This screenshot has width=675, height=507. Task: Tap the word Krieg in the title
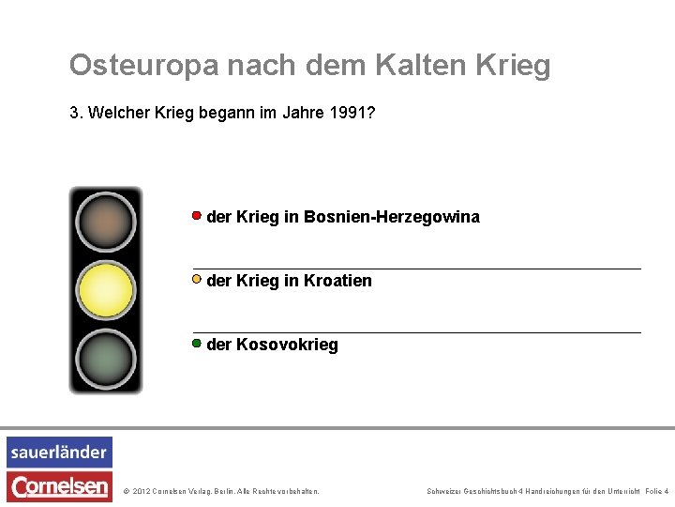coord(514,66)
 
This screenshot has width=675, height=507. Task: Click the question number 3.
coord(74,115)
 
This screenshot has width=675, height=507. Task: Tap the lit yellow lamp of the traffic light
coord(105,290)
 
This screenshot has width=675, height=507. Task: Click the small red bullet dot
coord(197,215)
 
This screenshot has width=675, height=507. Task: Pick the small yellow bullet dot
coord(197,279)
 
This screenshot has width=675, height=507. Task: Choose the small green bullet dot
coord(197,343)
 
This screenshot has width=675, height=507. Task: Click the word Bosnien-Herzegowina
coord(391,217)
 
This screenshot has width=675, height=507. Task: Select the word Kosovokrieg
coord(287,345)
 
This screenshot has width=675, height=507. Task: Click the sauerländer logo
coord(59,452)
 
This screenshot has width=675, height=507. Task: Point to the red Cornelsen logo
coord(59,485)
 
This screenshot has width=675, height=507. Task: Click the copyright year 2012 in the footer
coord(142,491)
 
